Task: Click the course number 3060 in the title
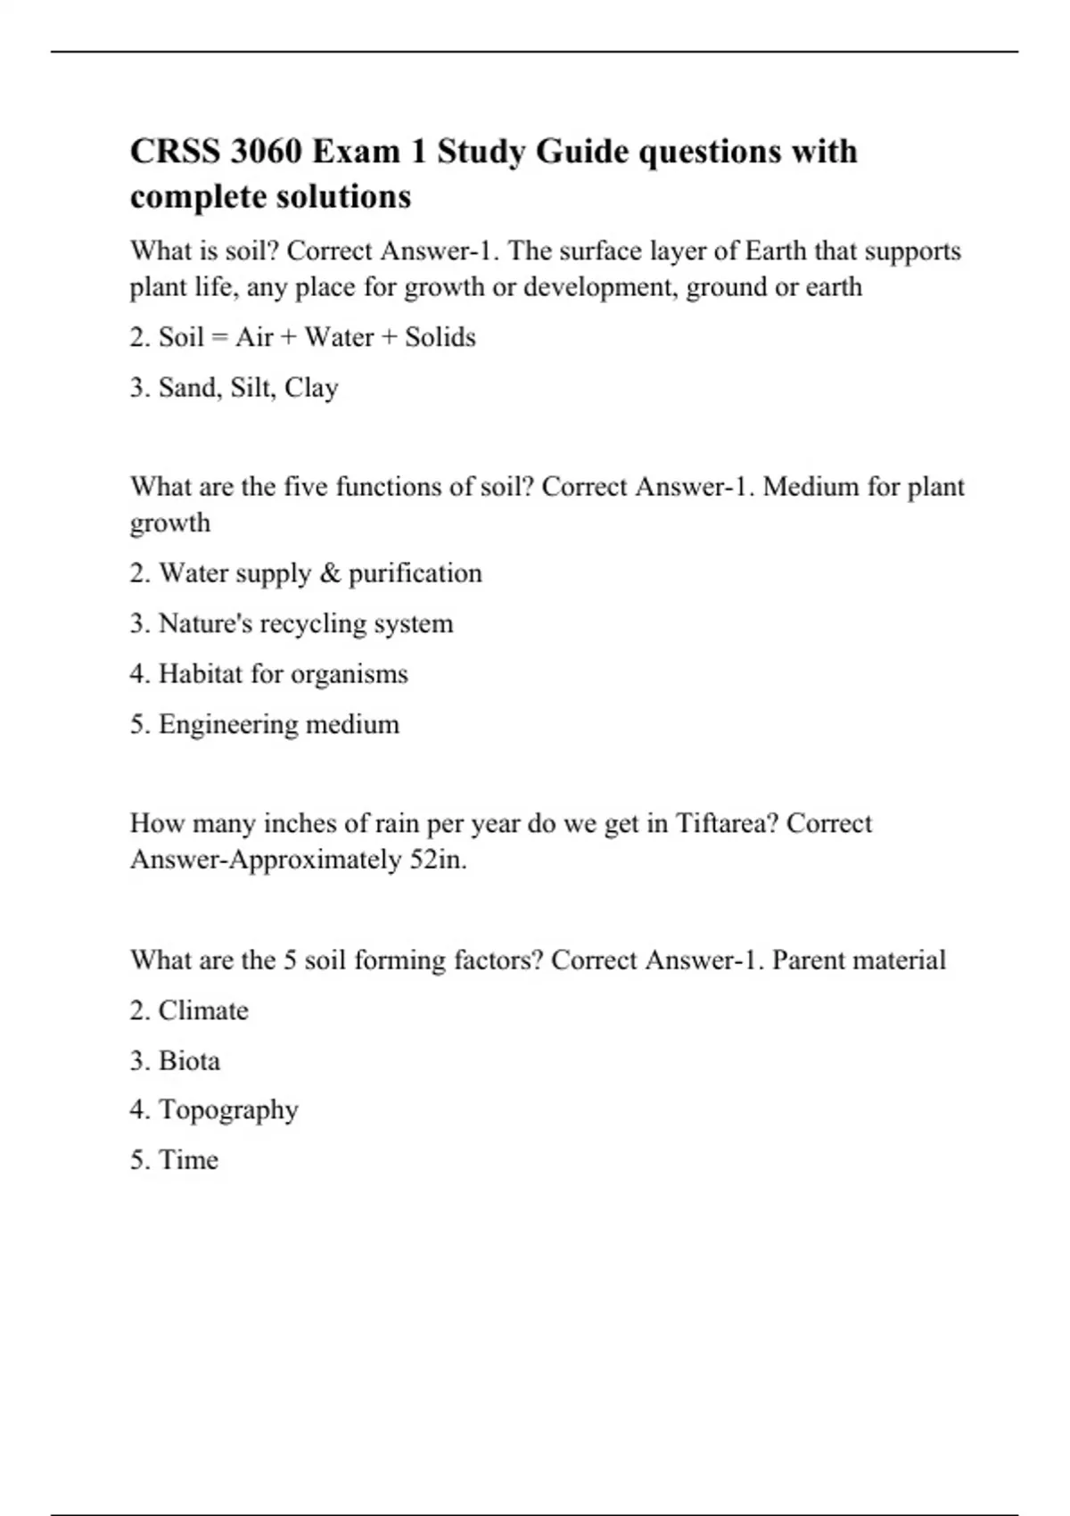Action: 265,152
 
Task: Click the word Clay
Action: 311,388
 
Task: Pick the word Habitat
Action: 201,673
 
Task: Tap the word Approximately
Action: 316,860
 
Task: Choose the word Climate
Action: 203,1010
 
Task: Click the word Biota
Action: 189,1060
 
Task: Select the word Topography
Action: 228,1110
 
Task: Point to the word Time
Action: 188,1160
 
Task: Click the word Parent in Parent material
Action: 810,960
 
